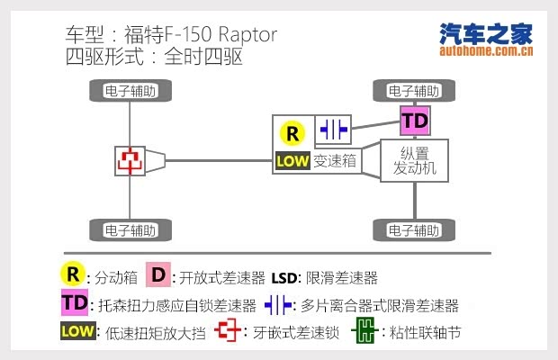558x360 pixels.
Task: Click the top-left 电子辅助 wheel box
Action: pos(130,91)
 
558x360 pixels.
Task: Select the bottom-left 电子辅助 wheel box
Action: pos(130,229)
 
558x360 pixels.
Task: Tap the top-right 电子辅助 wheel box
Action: pos(414,91)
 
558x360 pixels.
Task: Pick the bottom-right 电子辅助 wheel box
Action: pos(414,229)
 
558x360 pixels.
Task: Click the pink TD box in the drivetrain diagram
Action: pos(414,121)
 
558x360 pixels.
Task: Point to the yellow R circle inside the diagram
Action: pos(292,134)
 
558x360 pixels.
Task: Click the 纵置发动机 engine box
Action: pos(414,160)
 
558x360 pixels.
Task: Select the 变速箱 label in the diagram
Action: pos(336,162)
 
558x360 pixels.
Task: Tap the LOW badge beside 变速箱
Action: pos(292,162)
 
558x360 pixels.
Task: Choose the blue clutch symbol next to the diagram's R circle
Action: pos(332,130)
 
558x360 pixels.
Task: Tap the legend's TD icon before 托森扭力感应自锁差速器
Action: pos(75,303)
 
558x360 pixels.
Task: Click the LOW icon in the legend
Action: pos(77,332)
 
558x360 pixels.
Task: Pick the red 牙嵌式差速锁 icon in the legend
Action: pos(229,331)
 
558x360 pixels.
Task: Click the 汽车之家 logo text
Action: pos(485,33)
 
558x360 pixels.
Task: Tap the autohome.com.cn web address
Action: pos(486,51)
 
